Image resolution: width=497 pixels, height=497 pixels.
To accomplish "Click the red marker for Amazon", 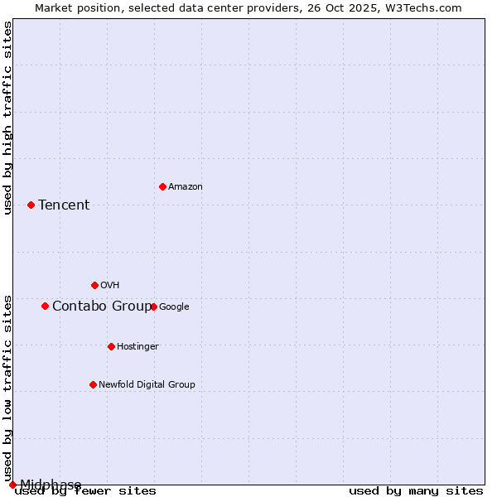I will point(162,186).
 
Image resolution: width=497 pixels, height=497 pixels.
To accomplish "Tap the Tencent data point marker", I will point(31,205).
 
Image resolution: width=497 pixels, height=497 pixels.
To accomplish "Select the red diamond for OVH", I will point(94,285).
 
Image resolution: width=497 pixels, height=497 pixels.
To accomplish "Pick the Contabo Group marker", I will point(45,306).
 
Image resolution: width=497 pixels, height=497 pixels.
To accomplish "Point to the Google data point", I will point(153,306).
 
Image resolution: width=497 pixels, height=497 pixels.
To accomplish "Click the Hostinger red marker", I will point(111,346).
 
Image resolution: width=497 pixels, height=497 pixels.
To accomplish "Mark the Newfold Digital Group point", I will point(93,384).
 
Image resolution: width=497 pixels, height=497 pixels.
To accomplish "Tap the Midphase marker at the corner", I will point(12,485).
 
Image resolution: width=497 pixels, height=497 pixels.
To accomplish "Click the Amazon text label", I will point(186,187).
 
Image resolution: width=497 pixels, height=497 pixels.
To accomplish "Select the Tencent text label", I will point(64,205).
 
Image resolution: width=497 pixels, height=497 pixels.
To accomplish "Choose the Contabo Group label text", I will point(101,306).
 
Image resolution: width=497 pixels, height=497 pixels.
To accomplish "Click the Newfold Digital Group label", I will point(147,384).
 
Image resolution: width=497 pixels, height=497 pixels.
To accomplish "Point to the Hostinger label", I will point(138,346).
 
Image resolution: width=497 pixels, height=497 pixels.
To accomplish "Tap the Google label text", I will point(174,306).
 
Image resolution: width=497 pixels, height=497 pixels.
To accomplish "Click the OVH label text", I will point(110,285).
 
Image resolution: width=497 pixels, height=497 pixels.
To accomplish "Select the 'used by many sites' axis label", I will point(416,491).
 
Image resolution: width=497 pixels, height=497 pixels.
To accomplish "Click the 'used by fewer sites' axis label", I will point(85,491).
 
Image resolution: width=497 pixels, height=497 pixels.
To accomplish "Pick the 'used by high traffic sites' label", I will point(7,118).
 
